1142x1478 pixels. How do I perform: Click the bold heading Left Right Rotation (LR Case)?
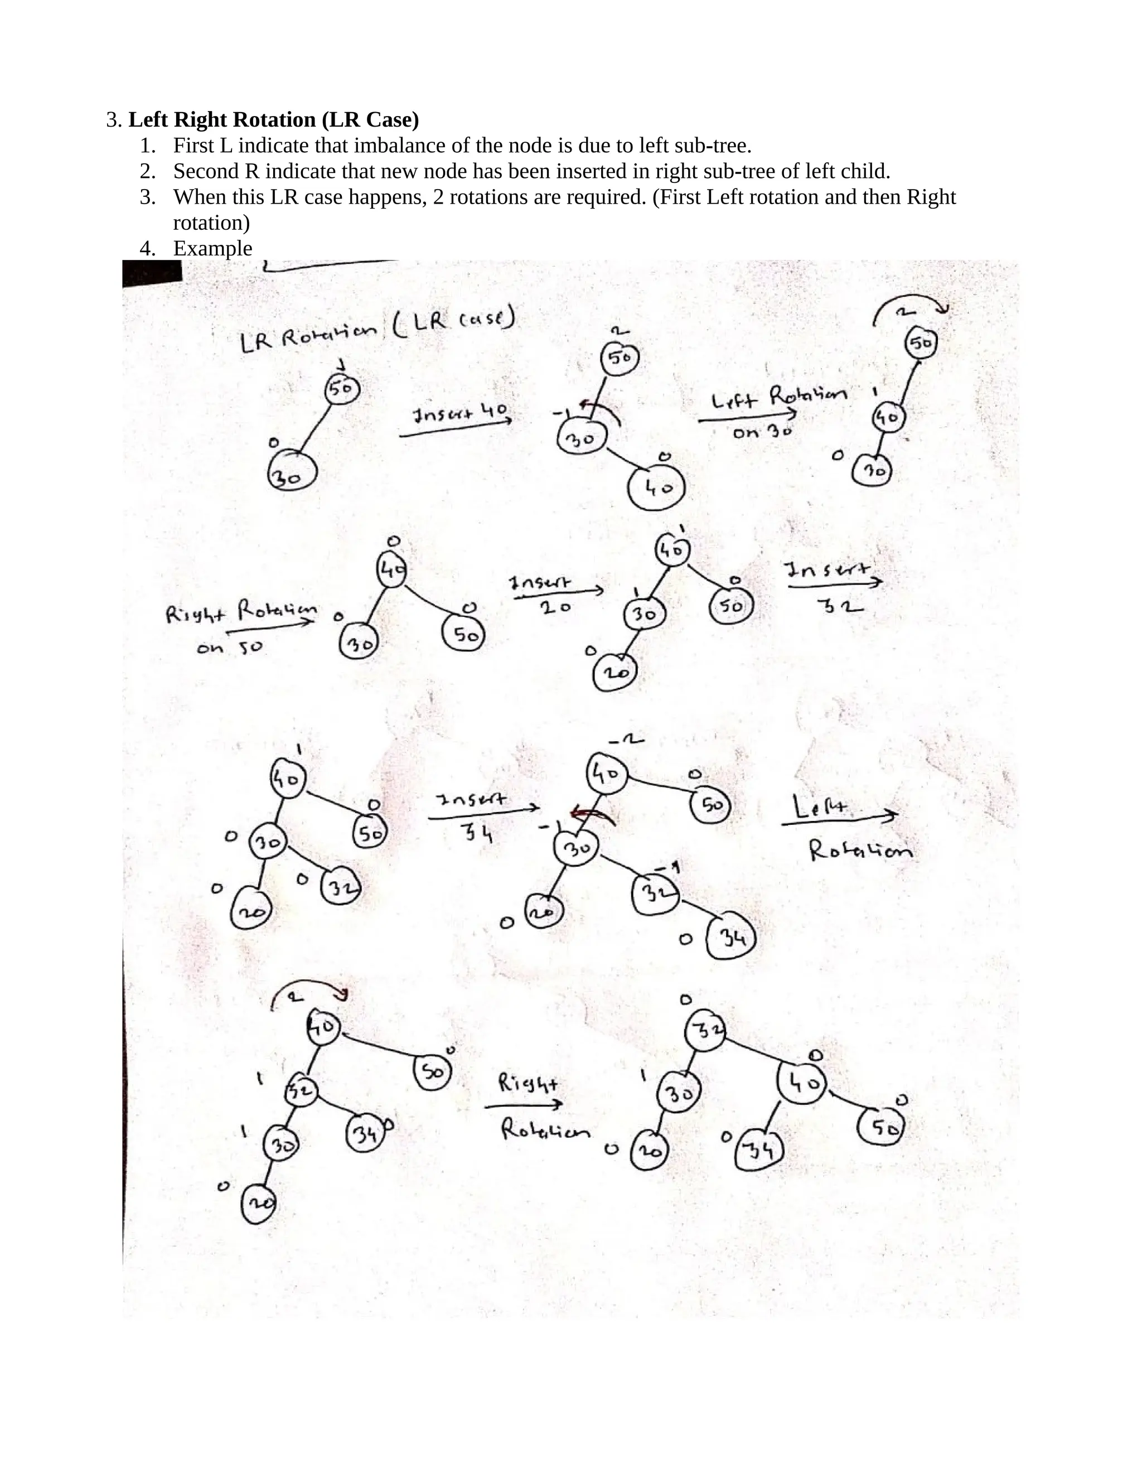point(273,120)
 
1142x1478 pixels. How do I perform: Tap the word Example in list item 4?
point(212,248)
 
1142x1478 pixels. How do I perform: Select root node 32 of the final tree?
point(705,1030)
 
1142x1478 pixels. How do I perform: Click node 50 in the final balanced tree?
point(880,1127)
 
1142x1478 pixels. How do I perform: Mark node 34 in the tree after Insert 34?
point(730,939)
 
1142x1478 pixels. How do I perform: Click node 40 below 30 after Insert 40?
point(656,487)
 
